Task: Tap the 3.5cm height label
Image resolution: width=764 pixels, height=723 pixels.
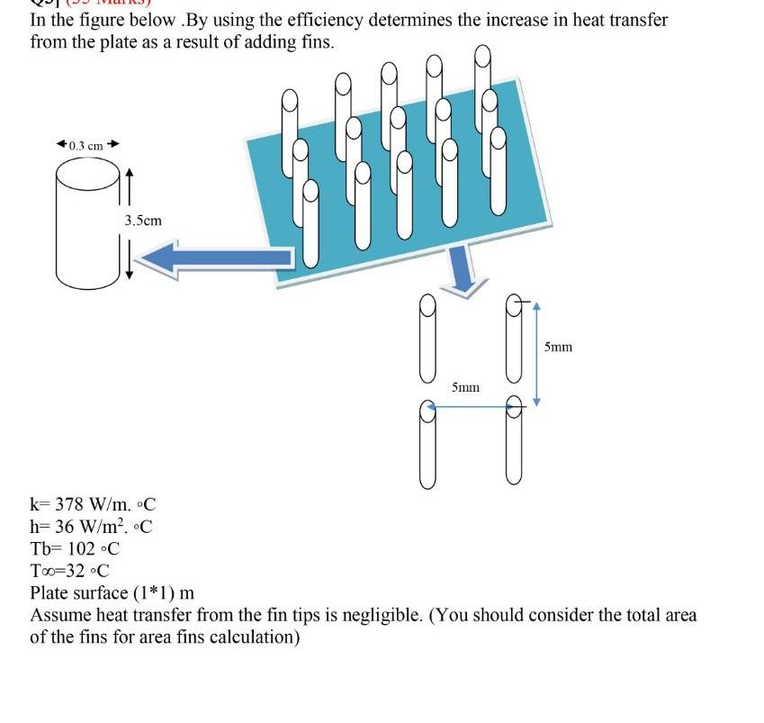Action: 143,220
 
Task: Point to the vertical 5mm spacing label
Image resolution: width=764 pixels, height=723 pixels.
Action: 558,347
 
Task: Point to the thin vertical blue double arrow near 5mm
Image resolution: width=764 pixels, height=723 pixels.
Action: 536,353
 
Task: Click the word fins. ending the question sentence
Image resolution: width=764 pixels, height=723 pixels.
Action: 315,42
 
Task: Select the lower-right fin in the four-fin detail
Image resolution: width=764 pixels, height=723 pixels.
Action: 514,441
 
